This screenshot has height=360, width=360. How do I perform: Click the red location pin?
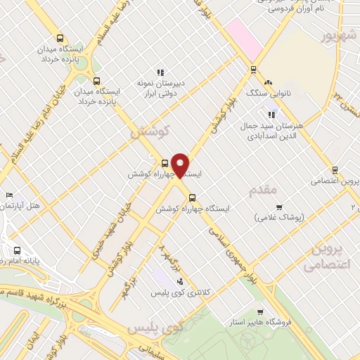coord(181,165)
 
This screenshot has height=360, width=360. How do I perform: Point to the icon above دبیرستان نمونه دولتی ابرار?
coord(160,72)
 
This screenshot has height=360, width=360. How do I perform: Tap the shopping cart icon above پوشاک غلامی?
coord(279,207)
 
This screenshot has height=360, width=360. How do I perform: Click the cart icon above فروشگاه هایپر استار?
coord(260,312)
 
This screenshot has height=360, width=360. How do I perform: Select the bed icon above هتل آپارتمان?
coord(8,195)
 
